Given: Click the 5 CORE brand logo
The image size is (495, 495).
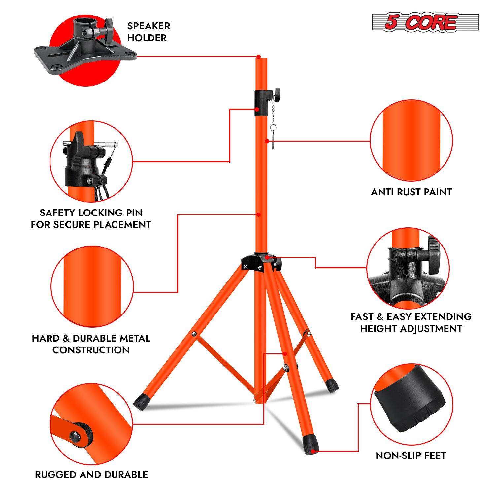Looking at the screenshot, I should pos(425,22).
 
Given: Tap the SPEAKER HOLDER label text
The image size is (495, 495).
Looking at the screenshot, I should pos(148,32).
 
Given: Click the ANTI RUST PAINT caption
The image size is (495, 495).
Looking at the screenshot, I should pos(411,192).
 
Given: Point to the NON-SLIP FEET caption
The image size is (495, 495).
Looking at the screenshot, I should pos(411,456).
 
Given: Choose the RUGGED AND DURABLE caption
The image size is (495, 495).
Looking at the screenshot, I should pos(91,475).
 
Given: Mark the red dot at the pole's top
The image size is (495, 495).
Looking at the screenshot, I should pos(259,56).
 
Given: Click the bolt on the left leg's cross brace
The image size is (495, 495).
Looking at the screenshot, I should pos(194,335).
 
